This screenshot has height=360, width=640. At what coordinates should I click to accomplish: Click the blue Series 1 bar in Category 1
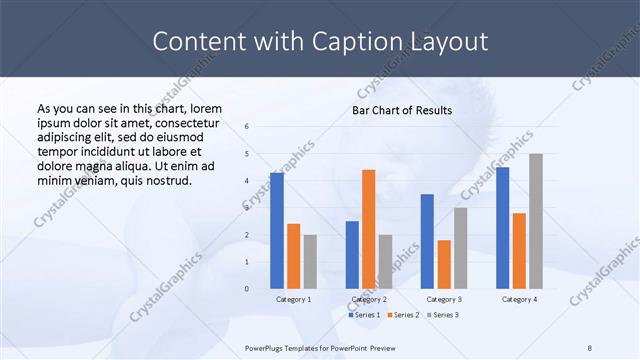pyautogui.click(x=276, y=231)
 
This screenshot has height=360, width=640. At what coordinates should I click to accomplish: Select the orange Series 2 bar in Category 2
pyautogui.click(x=368, y=229)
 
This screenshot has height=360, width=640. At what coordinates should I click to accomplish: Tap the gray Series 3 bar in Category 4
pyautogui.click(x=536, y=221)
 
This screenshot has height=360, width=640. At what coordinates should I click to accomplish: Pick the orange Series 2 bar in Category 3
pyautogui.click(x=444, y=264)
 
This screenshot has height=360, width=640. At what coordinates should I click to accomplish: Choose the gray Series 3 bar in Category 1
pyautogui.click(x=310, y=262)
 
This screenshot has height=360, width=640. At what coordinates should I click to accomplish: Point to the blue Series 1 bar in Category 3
pyautogui.click(x=427, y=241)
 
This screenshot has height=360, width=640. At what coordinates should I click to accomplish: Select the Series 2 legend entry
pyautogui.click(x=403, y=315)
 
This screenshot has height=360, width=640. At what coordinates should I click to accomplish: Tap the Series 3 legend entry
pyautogui.click(x=443, y=315)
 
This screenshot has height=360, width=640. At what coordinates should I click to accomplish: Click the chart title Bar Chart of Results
pyautogui.click(x=401, y=110)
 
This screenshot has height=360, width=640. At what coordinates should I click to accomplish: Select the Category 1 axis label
pyautogui.click(x=293, y=299)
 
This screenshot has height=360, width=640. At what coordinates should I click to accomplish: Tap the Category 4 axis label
pyautogui.click(x=519, y=299)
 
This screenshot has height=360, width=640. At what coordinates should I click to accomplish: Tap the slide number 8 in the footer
pyautogui.click(x=589, y=347)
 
